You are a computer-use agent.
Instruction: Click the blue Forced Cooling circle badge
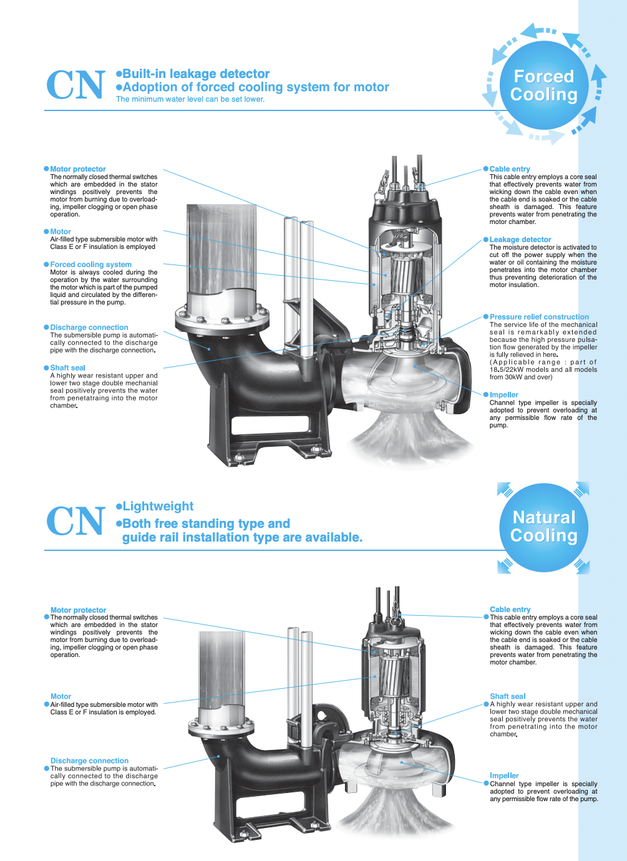543,85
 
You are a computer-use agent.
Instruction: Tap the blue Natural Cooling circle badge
543,527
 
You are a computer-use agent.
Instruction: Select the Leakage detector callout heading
520,240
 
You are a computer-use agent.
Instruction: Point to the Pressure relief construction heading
538,317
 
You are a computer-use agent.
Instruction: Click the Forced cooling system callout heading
90,265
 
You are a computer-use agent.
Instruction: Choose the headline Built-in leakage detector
196,74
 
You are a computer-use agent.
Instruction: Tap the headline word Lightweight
158,506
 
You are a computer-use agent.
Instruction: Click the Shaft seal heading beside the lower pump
507,696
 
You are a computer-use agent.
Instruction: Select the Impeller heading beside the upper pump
503,395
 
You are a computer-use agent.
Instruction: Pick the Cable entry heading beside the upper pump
509,169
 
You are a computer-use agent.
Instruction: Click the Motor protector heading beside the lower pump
78,610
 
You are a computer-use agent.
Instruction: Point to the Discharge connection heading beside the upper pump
89,328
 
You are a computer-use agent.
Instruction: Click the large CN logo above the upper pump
75,85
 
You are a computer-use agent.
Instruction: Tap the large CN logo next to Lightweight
75,521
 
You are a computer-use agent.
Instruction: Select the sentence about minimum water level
190,99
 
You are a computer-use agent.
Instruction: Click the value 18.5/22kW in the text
507,370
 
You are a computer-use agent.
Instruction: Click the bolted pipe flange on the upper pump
221,317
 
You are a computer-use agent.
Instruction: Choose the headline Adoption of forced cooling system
256,87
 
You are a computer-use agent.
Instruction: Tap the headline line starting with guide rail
242,537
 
